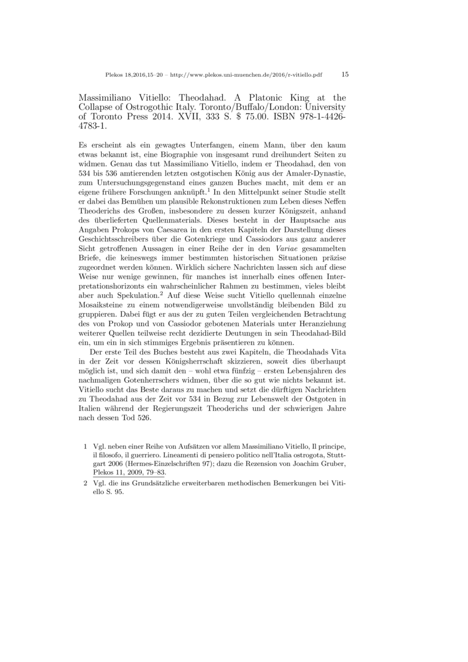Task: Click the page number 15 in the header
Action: click(345, 74)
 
